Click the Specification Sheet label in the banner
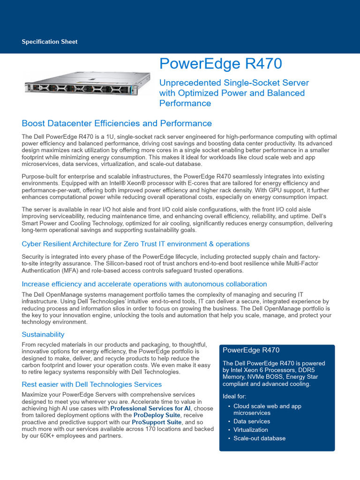tap(50, 42)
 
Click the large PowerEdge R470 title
tap(220, 64)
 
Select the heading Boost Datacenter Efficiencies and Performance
tap(117, 123)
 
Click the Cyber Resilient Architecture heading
tap(135, 244)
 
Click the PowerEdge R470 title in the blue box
tap(251, 350)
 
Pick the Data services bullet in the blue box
tap(252, 421)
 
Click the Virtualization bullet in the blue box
tap(251, 430)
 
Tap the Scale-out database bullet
tap(259, 438)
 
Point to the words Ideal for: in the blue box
tap(234, 396)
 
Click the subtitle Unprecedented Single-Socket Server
tap(234, 82)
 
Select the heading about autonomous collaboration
tap(144, 284)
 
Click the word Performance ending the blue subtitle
tap(185, 103)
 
